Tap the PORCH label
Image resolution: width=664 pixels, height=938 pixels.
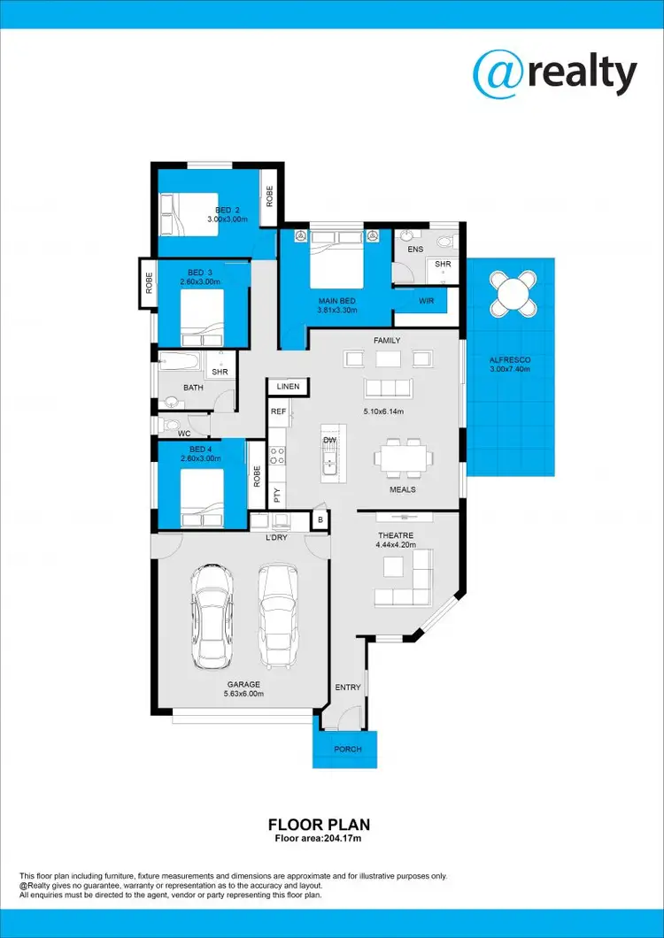coord(348,750)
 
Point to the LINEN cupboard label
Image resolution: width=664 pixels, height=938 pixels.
coord(288,387)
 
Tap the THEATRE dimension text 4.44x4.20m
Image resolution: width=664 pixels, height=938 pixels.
coord(396,546)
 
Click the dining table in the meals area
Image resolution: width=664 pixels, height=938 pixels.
coord(404,457)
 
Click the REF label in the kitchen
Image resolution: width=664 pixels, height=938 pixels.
coord(278,411)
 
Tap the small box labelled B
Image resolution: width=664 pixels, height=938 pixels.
coord(320,520)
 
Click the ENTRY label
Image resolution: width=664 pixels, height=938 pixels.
coord(346,687)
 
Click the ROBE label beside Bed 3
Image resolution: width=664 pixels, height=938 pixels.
coord(149,283)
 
